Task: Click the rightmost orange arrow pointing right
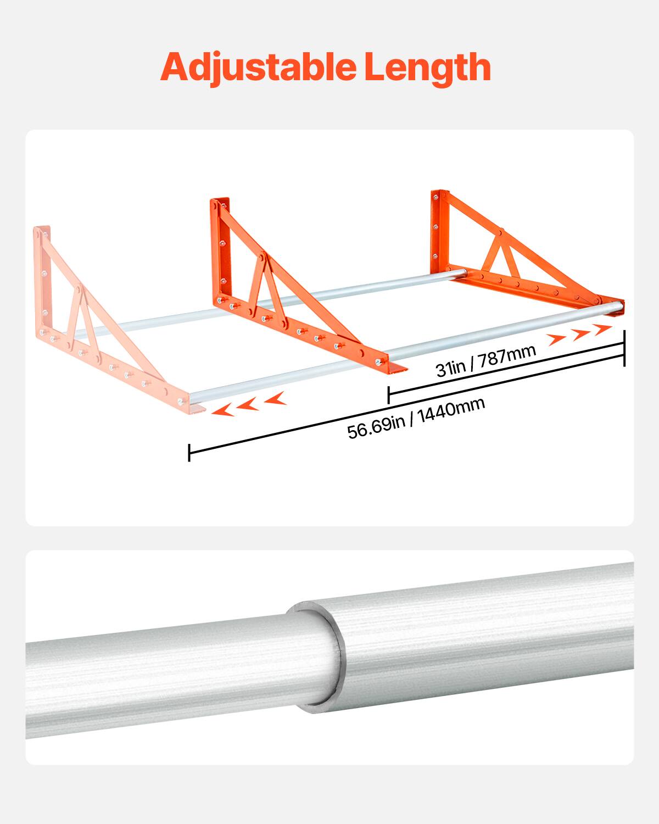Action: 602,329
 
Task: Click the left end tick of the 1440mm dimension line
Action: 189,452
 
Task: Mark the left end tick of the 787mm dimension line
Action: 388,394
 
